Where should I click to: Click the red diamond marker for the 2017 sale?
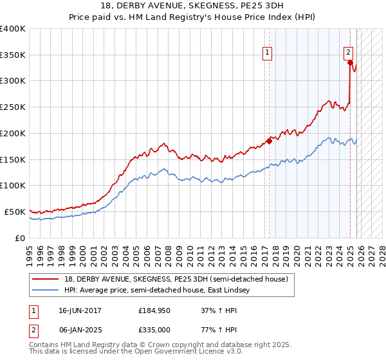point(269,141)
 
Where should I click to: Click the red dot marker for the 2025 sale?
point(349,63)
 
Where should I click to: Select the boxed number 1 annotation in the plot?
point(266,53)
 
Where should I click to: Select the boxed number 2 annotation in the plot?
point(348,53)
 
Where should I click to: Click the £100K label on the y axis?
point(14,186)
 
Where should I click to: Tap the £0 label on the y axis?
point(21,238)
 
